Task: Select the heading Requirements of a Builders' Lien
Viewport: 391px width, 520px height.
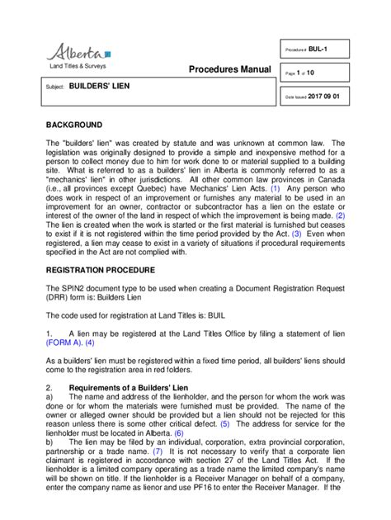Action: point(133,388)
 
